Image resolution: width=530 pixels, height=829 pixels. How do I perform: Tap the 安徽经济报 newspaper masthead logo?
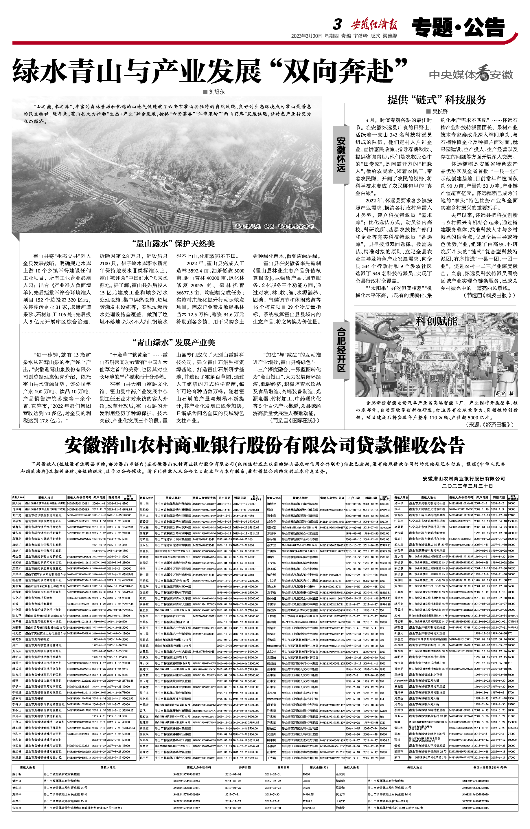(374, 25)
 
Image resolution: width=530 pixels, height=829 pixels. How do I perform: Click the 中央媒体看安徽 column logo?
(471, 74)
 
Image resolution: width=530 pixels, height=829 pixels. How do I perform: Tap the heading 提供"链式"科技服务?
(436, 100)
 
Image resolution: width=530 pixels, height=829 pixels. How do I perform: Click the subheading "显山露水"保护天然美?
(174, 244)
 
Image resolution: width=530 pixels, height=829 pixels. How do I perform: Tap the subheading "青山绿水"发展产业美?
(174, 342)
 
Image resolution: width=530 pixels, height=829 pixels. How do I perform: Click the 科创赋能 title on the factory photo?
(436, 321)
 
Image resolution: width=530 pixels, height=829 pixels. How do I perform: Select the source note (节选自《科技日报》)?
(490, 295)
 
